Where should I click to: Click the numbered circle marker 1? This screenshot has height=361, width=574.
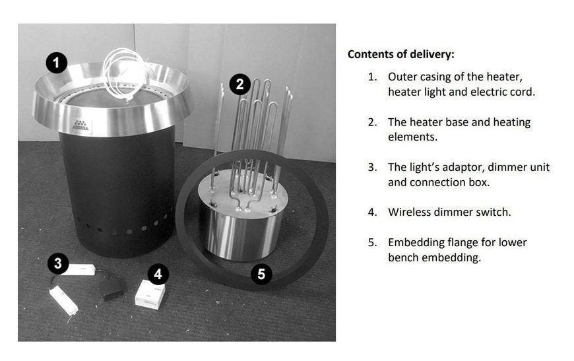point(56,63)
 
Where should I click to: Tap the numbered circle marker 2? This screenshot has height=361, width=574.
point(239,84)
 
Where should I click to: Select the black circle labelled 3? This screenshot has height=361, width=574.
point(58,263)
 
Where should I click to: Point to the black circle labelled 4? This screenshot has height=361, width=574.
point(158,274)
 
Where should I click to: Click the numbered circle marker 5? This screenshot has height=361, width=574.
point(261,274)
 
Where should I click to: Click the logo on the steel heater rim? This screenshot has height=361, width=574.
point(80,125)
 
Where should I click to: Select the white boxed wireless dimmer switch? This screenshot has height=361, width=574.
point(150,294)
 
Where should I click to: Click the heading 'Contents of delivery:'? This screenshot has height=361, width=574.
point(401,55)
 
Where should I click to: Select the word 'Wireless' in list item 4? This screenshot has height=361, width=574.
point(412,212)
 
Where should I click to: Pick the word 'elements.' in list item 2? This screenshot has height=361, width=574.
point(412,137)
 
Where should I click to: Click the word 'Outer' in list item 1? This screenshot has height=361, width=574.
point(402,77)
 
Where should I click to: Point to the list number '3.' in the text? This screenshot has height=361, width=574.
point(373,168)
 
